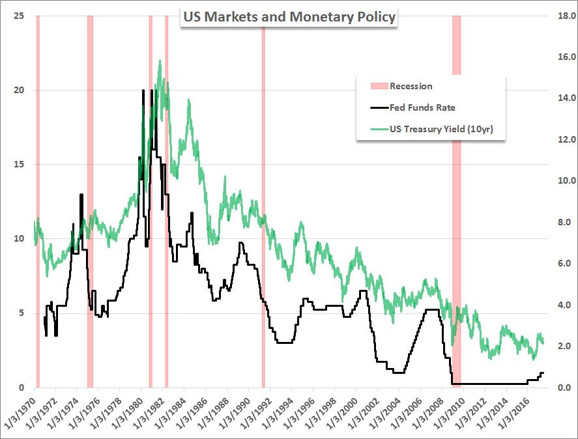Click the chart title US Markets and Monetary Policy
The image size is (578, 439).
coord(288,17)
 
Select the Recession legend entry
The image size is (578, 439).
coord(411,86)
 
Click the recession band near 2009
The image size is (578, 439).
coord(456,195)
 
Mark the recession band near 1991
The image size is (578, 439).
coord(263,195)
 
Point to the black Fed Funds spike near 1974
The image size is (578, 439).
coord(81,195)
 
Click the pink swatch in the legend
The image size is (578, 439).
coord(378,86)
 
